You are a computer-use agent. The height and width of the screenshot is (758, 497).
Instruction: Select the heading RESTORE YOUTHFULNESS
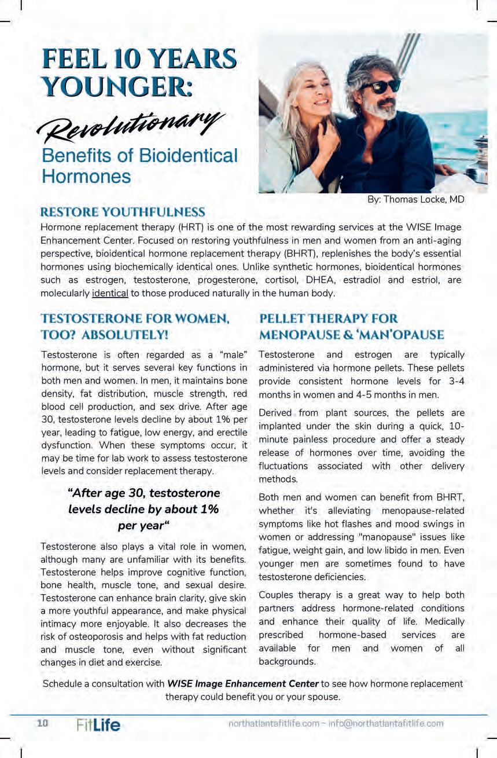click(x=123, y=212)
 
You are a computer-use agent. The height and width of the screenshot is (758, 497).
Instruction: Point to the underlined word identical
click(x=110, y=293)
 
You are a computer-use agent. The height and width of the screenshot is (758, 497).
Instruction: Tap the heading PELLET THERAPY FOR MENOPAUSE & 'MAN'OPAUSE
click(x=352, y=326)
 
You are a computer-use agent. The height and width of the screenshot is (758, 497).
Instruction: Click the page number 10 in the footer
click(x=43, y=723)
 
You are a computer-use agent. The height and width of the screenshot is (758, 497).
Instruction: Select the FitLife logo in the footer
click(x=98, y=724)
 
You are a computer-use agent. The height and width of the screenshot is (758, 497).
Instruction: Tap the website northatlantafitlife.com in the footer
click(x=274, y=723)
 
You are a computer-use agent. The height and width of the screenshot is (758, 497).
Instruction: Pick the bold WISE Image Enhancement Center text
click(x=243, y=683)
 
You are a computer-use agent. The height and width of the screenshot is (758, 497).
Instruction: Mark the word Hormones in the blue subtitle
click(x=86, y=176)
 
